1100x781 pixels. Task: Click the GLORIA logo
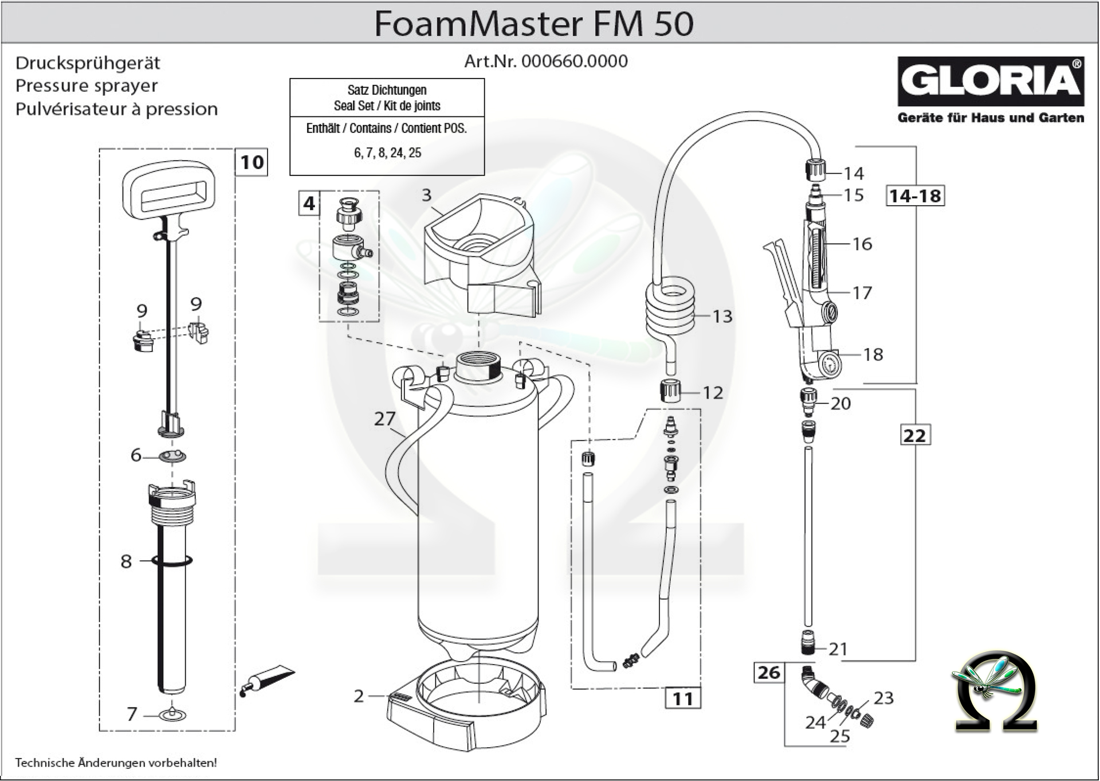pyautogui.click(x=991, y=81)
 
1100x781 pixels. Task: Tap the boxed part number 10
pyautogui.click(x=252, y=162)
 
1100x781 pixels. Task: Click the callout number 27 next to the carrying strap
pyautogui.click(x=384, y=419)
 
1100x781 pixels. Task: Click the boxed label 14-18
pyautogui.click(x=915, y=196)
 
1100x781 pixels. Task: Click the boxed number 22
pyautogui.click(x=914, y=435)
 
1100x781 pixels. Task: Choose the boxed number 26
pyautogui.click(x=769, y=672)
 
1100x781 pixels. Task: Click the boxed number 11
pyautogui.click(x=682, y=698)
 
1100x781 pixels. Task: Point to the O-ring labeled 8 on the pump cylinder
pyautogui.click(x=172, y=560)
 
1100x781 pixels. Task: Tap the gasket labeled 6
pyautogui.click(x=172, y=456)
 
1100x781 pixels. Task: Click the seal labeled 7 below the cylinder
pyautogui.click(x=171, y=714)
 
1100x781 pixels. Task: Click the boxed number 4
pyautogui.click(x=309, y=204)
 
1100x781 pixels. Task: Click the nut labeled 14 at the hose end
pyautogui.click(x=814, y=170)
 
